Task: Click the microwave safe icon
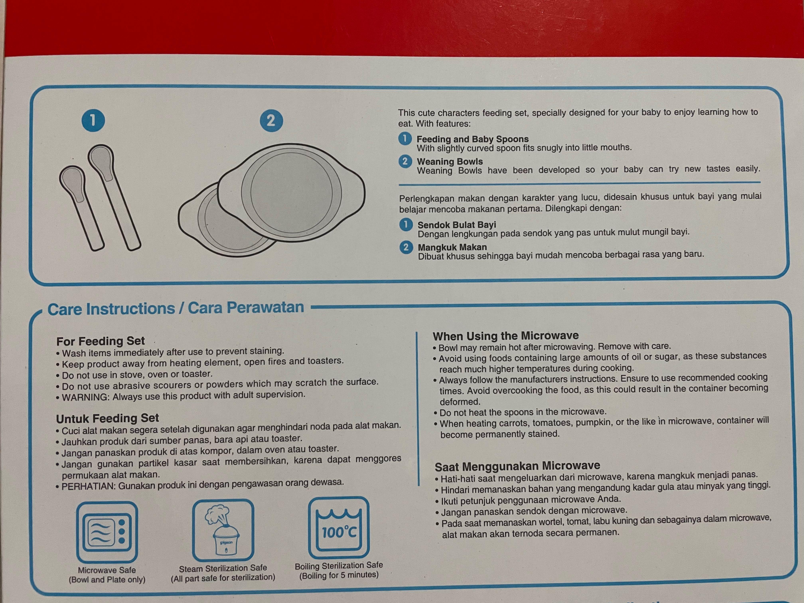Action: (x=107, y=532)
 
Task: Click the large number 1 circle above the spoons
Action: (x=93, y=120)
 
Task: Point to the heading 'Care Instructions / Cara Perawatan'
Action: (x=176, y=309)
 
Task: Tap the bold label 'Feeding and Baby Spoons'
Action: (x=473, y=139)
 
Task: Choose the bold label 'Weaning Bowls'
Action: (x=450, y=161)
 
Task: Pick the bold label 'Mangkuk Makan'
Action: (x=452, y=247)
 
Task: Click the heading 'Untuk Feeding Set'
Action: (x=108, y=418)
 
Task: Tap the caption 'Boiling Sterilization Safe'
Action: (x=339, y=566)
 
